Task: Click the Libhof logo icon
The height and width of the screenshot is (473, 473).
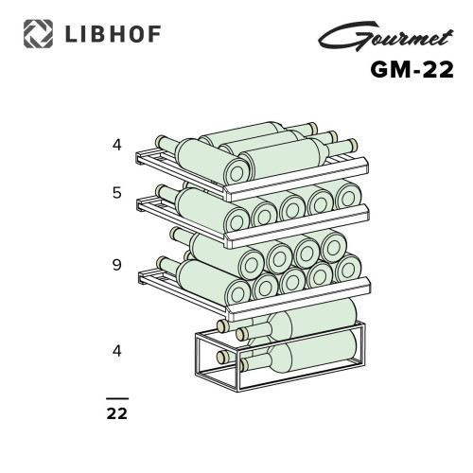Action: (x=36, y=35)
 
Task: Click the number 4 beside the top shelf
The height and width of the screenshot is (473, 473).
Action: (x=117, y=145)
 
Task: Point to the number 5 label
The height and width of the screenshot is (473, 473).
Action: (x=117, y=193)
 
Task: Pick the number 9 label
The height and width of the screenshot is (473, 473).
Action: (x=117, y=265)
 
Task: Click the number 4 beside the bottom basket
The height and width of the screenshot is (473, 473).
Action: (x=117, y=350)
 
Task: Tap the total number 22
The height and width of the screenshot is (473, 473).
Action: (x=117, y=413)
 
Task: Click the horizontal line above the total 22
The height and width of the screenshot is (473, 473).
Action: (x=117, y=400)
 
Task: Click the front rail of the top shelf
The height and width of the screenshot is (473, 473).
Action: (x=293, y=184)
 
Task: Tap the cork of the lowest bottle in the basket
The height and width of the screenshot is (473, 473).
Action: (x=222, y=357)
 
